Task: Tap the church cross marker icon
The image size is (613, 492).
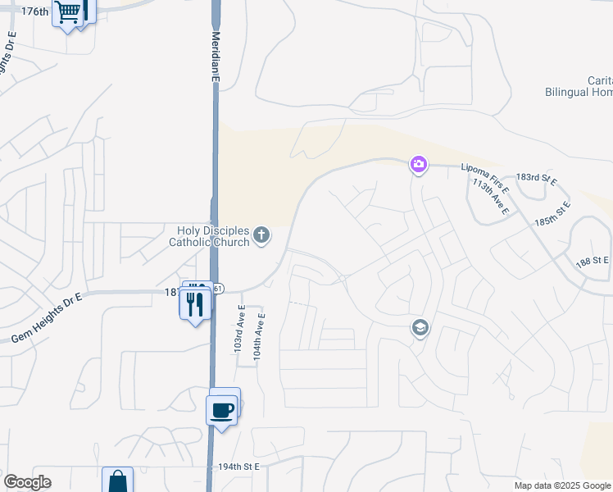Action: click(x=261, y=236)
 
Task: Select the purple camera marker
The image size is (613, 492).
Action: click(x=419, y=165)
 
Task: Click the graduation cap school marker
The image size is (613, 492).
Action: click(x=420, y=328)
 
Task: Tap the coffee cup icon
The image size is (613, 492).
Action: click(x=221, y=409)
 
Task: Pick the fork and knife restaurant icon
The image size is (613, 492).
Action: click(x=194, y=304)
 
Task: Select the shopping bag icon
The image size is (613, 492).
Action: click(x=117, y=481)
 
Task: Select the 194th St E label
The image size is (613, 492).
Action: click(x=238, y=467)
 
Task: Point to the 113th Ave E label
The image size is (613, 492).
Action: click(x=490, y=198)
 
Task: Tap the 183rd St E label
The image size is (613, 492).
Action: click(x=536, y=178)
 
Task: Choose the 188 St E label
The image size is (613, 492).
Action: click(x=592, y=260)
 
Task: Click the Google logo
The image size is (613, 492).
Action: click(x=27, y=482)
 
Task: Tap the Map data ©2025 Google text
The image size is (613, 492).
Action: click(x=563, y=485)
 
